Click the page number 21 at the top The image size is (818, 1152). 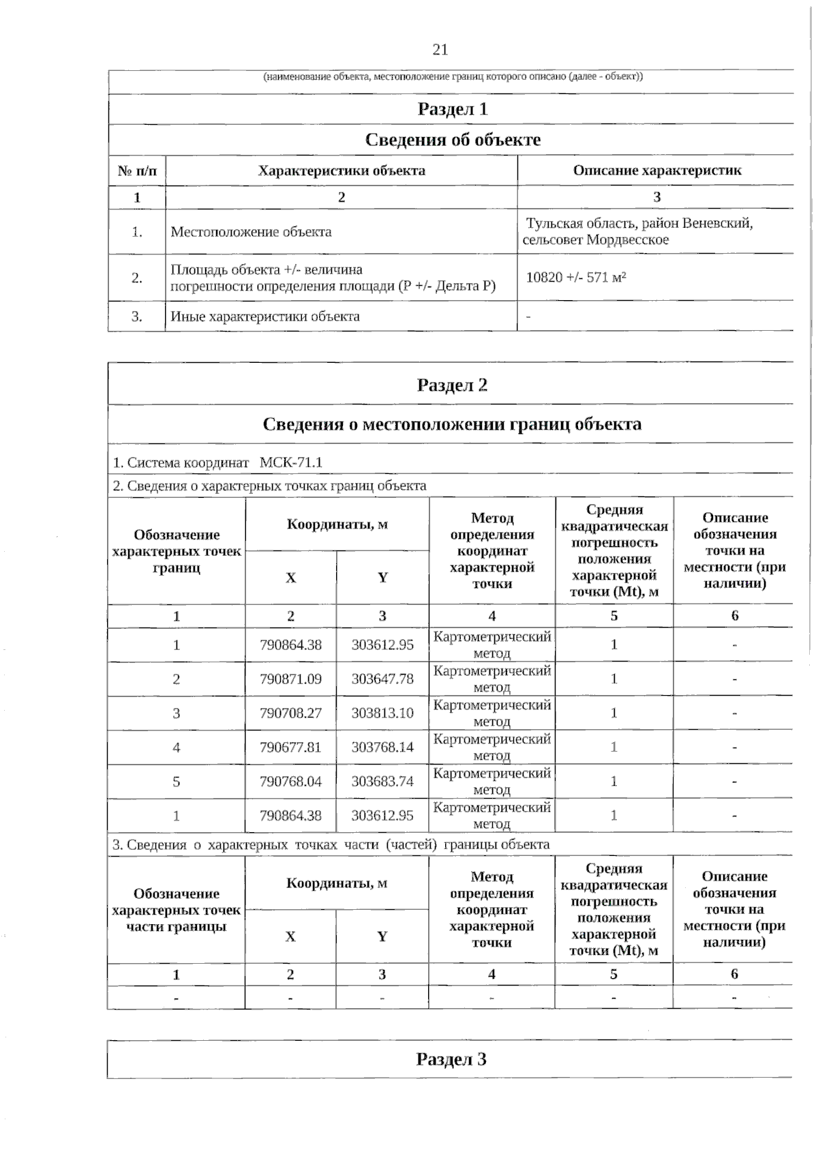(x=440, y=50)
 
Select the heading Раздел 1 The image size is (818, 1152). (x=452, y=109)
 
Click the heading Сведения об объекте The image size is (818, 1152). (x=453, y=140)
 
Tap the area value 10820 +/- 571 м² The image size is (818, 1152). (x=576, y=278)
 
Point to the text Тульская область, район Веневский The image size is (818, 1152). (x=639, y=224)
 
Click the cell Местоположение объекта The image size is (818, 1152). (x=251, y=232)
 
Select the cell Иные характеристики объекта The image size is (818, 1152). (x=264, y=316)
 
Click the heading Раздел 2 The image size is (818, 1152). (x=452, y=385)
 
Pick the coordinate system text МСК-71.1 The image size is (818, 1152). (x=291, y=462)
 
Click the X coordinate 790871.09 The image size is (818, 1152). (x=290, y=679)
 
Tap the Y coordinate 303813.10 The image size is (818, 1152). (x=382, y=713)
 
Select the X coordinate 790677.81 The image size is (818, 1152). (x=290, y=748)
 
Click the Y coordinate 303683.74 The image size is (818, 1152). (x=382, y=782)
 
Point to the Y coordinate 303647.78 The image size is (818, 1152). (x=382, y=679)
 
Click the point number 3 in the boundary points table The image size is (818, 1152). (x=177, y=713)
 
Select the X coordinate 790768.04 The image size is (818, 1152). (x=290, y=782)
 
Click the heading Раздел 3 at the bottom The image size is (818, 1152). (x=451, y=1059)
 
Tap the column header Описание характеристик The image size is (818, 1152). (x=656, y=171)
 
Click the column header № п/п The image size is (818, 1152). (x=137, y=171)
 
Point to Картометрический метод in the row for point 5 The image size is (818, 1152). (x=491, y=782)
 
